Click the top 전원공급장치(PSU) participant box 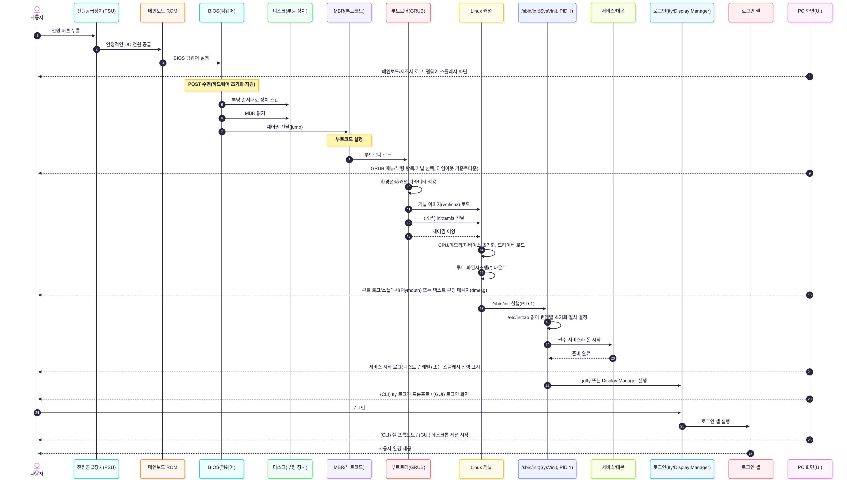click(96, 13)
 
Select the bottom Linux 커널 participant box click(481, 469)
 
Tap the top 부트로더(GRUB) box click(408, 13)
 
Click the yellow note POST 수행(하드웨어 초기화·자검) click(221, 85)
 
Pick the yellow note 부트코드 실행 click(349, 140)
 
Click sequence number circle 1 click(37, 36)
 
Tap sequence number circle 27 click(750, 453)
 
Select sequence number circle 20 click(613, 358)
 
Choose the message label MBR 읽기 click(255, 113)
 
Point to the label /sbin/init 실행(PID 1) click(513, 304)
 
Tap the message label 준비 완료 click(581, 353)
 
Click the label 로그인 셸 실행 click(716, 421)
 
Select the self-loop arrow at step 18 click(557, 325)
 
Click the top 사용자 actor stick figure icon click(37, 10)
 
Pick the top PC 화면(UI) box click(810, 13)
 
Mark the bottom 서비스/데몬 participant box click(613, 469)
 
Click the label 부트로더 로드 click(378, 155)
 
